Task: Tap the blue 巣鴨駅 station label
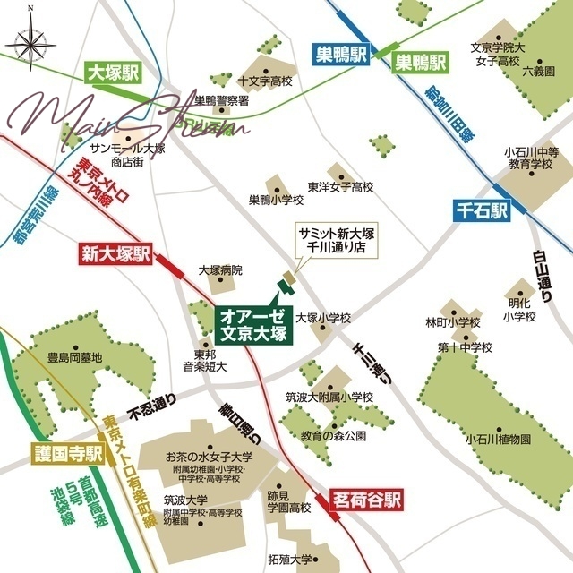pos(341,54)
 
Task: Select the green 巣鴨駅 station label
pos(421,63)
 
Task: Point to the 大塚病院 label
pos(220,269)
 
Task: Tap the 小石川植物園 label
pos(499,440)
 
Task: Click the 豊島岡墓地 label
pos(75,357)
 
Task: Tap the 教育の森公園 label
pos(334,436)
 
